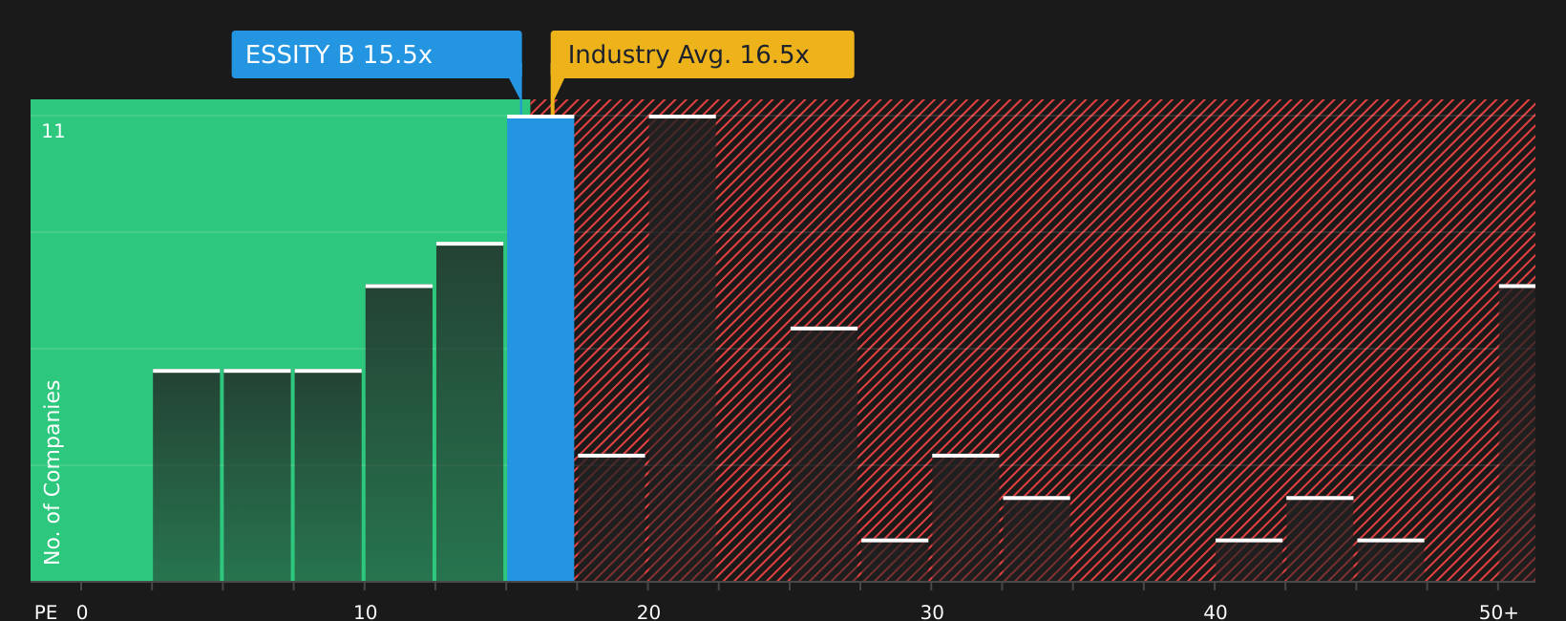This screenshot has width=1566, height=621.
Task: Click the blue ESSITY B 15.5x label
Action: click(x=376, y=54)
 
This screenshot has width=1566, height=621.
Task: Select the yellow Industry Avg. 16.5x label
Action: click(x=702, y=54)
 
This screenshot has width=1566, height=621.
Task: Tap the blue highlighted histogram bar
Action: click(x=540, y=349)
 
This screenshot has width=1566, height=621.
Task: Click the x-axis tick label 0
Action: click(x=82, y=612)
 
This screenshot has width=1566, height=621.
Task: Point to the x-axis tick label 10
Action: click(x=365, y=612)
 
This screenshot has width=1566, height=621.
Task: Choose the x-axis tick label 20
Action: click(x=648, y=612)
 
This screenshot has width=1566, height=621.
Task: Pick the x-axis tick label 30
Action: click(x=931, y=612)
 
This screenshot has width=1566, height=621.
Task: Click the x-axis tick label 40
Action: click(x=1215, y=612)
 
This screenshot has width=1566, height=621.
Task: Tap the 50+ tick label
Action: click(x=1498, y=612)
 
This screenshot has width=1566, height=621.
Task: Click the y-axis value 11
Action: click(x=53, y=132)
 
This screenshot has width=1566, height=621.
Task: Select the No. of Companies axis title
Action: click(x=53, y=473)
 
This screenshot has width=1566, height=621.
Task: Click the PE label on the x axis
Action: click(x=46, y=612)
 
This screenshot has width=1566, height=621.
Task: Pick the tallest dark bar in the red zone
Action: click(x=683, y=349)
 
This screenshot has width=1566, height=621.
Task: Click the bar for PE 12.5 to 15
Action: click(x=470, y=412)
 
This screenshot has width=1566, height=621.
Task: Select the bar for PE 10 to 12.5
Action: click(x=399, y=433)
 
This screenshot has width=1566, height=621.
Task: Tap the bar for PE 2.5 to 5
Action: click(x=186, y=476)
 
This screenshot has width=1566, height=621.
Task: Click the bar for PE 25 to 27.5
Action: click(x=824, y=454)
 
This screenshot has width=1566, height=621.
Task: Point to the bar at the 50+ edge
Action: click(x=1517, y=433)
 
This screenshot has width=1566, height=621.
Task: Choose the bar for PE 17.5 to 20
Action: click(x=612, y=518)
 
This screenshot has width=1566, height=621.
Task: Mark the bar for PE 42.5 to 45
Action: click(x=1320, y=539)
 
